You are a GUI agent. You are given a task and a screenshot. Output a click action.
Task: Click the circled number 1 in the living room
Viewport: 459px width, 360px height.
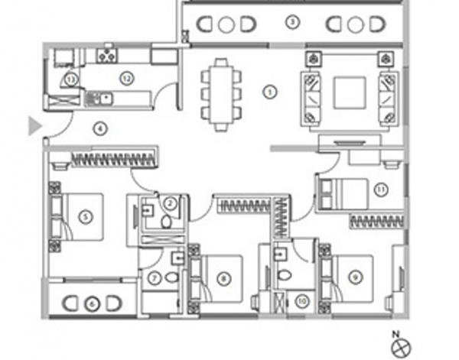(x=268, y=92)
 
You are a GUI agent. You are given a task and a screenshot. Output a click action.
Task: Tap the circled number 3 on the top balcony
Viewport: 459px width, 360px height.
(x=291, y=21)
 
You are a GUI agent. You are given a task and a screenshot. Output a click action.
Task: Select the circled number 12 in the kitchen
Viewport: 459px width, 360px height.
(x=126, y=76)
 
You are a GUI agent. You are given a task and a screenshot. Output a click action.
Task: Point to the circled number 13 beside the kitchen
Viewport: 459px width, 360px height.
(x=70, y=79)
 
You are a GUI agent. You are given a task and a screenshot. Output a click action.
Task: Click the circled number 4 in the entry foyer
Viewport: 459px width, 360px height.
(x=99, y=128)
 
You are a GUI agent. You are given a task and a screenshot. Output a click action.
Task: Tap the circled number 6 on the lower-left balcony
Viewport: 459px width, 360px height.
(x=92, y=304)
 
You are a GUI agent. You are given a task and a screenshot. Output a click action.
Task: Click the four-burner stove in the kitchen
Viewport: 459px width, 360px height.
(x=107, y=54)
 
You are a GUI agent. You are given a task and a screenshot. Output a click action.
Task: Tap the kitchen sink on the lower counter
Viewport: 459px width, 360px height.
(x=103, y=98)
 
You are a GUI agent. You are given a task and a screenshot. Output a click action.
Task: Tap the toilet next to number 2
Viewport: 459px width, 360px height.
(x=161, y=220)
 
